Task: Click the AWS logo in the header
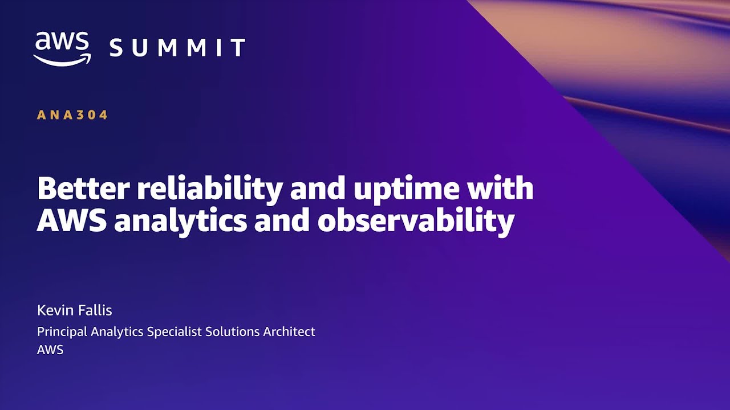[62, 49]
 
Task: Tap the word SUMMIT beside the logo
[177, 47]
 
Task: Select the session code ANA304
[72, 115]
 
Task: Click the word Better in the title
[83, 188]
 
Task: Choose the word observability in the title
[416, 223]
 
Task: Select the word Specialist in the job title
[175, 332]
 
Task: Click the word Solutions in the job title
[233, 331]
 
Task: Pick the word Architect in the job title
[289, 331]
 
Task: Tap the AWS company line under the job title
[50, 350]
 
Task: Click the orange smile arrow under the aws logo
[62, 60]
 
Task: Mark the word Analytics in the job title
[117, 332]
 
